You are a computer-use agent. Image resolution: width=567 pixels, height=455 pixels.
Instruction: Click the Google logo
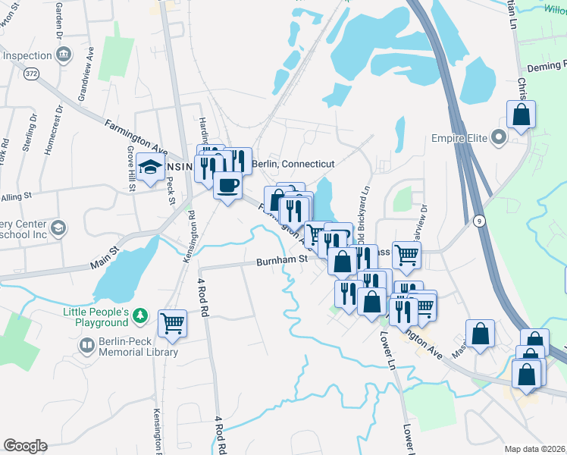click(25, 446)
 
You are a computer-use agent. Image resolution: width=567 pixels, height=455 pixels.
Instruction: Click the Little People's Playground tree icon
click(139, 315)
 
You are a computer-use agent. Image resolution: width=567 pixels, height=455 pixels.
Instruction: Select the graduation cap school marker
click(151, 167)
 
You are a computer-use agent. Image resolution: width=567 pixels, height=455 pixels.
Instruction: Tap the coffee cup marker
click(227, 184)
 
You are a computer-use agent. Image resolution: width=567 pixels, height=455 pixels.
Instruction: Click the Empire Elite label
click(458, 139)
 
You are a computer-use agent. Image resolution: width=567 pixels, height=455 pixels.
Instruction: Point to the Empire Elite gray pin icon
click(498, 139)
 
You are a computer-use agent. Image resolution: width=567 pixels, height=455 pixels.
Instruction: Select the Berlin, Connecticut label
click(293, 164)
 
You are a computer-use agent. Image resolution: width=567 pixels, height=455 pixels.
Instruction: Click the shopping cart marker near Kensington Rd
click(173, 322)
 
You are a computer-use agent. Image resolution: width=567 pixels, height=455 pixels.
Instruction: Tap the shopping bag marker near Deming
click(521, 115)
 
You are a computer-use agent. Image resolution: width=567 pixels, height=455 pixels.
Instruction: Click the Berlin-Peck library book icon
click(87, 346)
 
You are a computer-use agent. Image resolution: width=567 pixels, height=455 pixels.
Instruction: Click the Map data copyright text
click(535, 448)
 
